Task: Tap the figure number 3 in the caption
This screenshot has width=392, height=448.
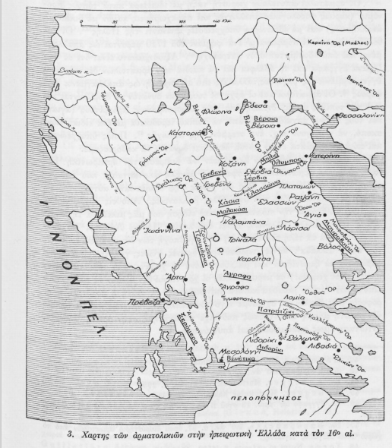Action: click(70, 435)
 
